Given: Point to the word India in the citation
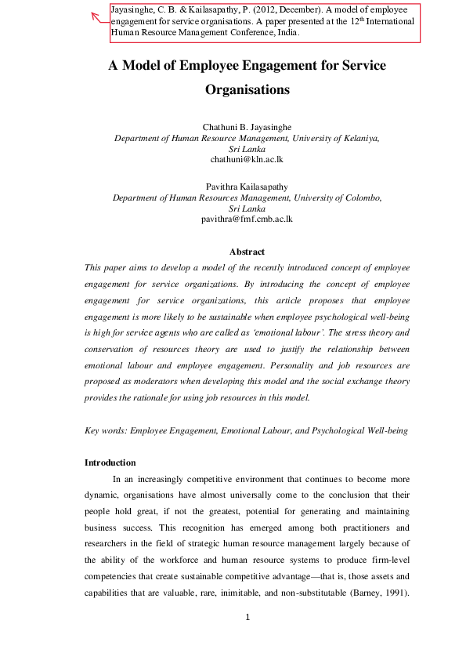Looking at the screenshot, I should coord(285,34).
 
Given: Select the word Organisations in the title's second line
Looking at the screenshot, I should coord(247,90).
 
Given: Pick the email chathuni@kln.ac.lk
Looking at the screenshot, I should coord(247,158).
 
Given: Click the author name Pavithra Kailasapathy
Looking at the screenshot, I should coord(247,187).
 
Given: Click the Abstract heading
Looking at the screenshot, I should coord(247,252).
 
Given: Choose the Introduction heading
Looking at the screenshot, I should coord(110,462).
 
